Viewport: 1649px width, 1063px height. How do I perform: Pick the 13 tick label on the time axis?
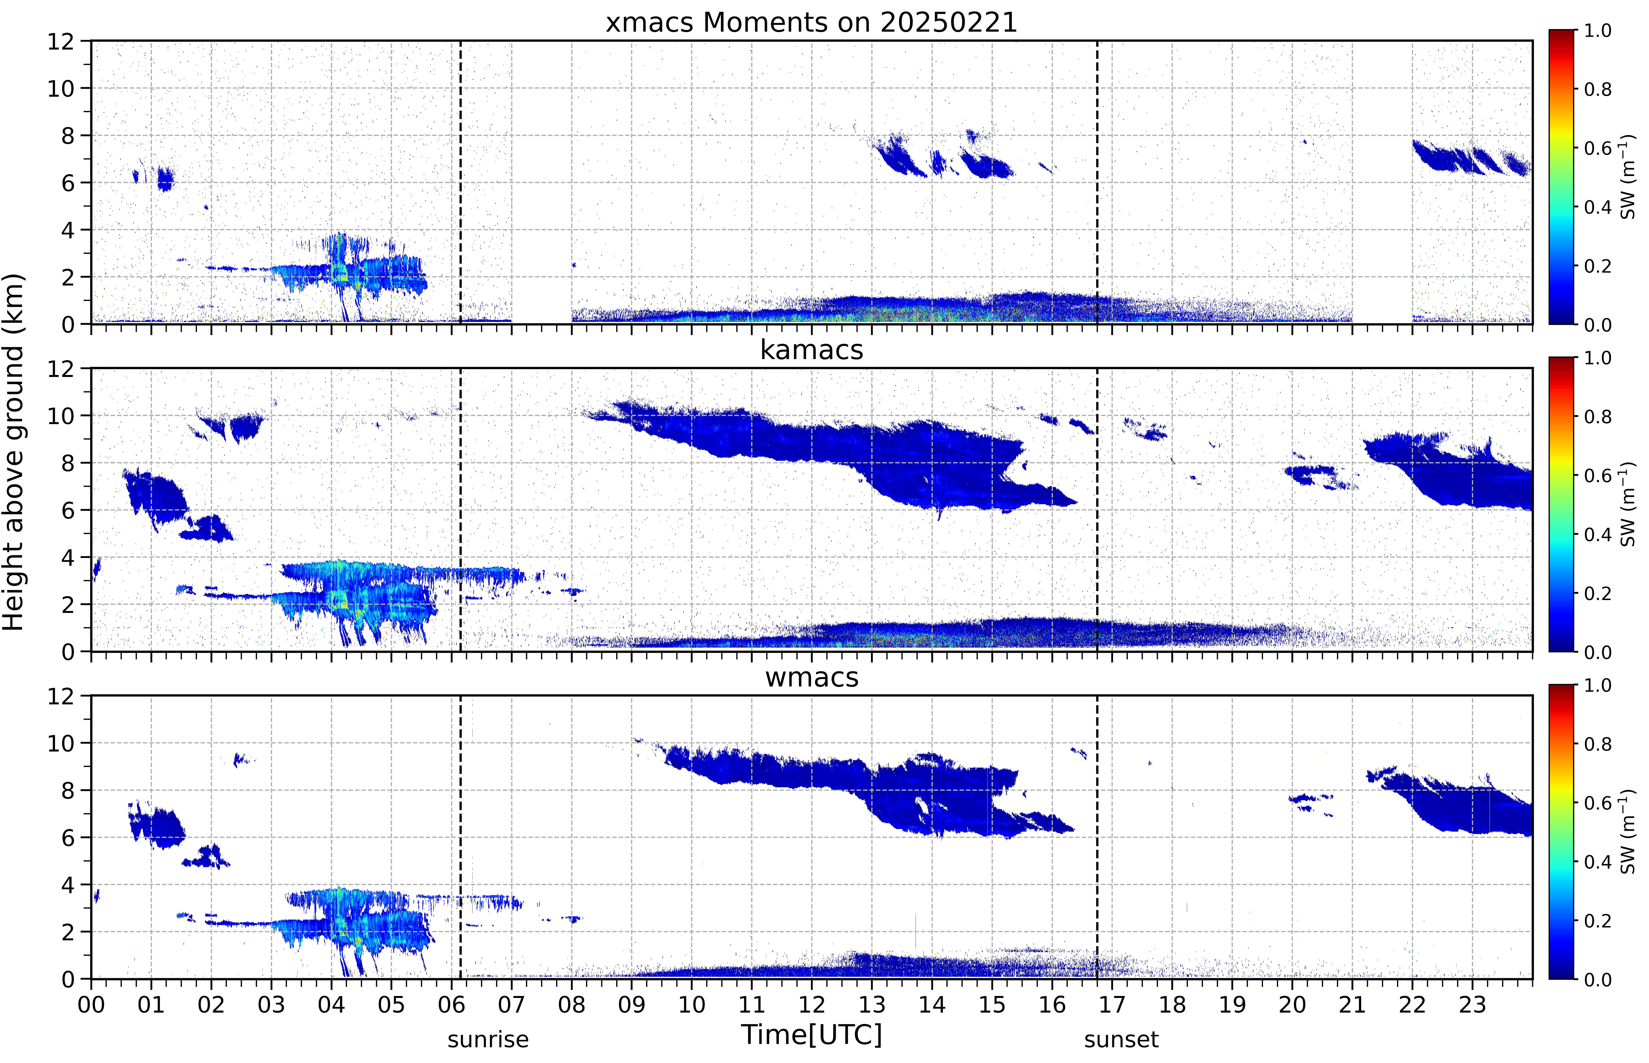click(872, 1004)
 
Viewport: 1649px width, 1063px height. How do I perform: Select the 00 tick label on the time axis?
click(91, 1004)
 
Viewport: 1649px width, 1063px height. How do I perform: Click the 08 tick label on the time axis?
click(572, 1004)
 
